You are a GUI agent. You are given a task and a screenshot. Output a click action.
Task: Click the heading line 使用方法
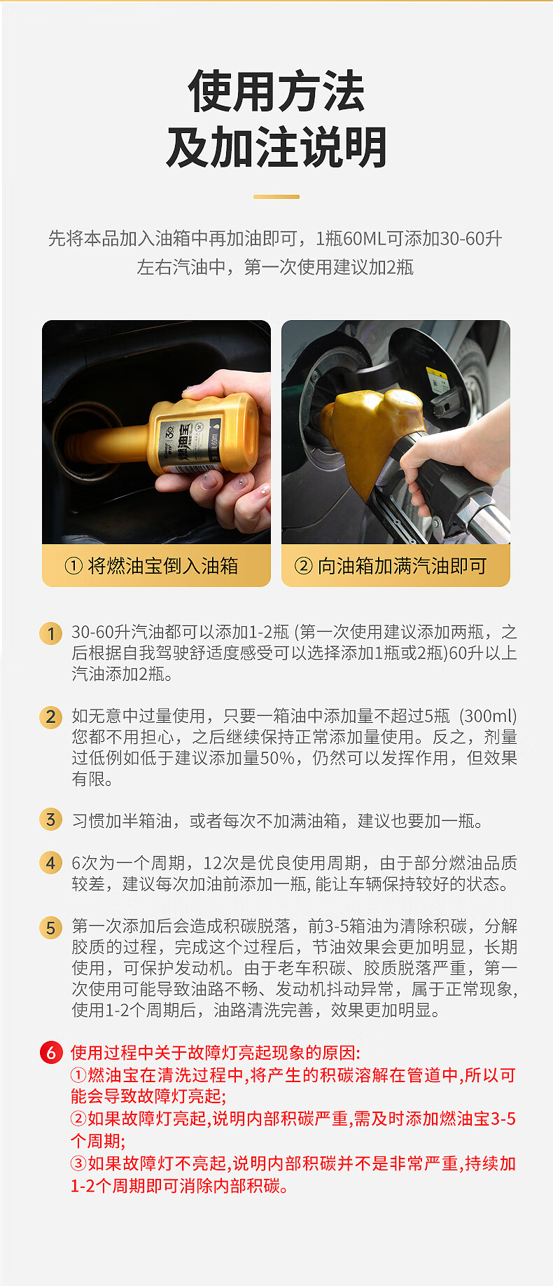coord(276,92)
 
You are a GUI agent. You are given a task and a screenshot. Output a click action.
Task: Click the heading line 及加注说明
coord(276,148)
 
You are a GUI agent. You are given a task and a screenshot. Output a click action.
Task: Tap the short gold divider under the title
coord(276,197)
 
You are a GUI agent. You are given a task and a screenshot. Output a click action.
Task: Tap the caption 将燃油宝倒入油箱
coord(163,566)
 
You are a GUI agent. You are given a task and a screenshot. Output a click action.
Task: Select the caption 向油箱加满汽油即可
coord(402,566)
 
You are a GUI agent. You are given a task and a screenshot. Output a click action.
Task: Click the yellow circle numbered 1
coord(50,634)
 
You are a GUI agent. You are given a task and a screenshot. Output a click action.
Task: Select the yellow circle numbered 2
coord(50,717)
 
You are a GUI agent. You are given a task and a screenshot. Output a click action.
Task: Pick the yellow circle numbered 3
coord(50,819)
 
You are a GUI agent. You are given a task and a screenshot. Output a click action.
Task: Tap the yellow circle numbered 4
coord(50,862)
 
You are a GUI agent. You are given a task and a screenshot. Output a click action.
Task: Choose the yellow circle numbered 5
coord(50,928)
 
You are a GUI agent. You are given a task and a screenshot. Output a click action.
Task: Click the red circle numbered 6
coord(51,1053)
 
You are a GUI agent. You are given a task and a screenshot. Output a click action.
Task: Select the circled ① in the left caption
coord(73,566)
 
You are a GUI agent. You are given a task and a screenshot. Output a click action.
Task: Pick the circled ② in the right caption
coord(303,566)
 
